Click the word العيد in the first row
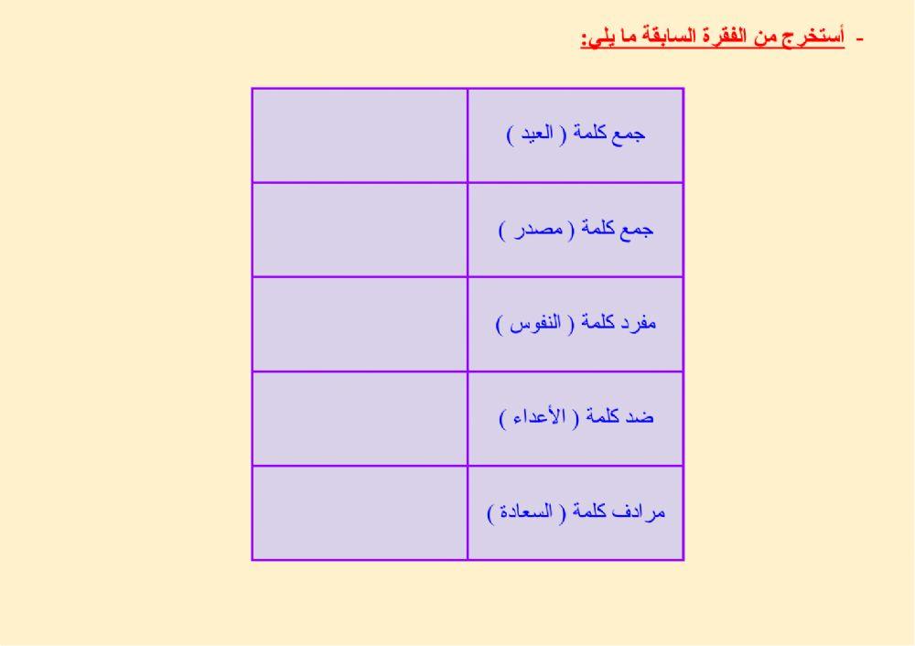[x=533, y=134]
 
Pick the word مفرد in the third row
[x=638, y=323]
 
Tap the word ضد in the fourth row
[x=640, y=417]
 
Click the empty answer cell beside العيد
[x=360, y=135]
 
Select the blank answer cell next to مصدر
[x=360, y=230]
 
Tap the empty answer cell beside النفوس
[x=360, y=324]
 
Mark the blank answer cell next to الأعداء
[x=360, y=418]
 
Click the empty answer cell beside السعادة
[x=360, y=512]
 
